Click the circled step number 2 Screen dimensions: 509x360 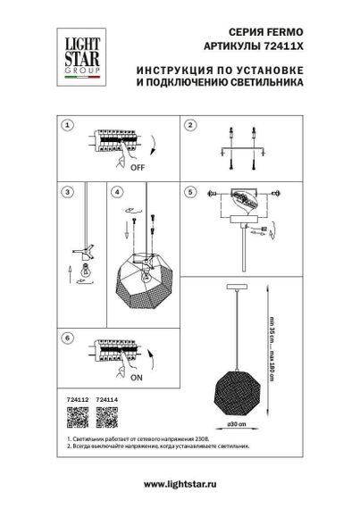pos(189,125)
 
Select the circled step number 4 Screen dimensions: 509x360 pos(117,191)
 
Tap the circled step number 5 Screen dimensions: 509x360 pos(189,191)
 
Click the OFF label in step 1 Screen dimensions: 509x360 pos(138,166)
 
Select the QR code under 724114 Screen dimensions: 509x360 pos(105,416)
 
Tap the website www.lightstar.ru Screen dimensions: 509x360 pos(180,483)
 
